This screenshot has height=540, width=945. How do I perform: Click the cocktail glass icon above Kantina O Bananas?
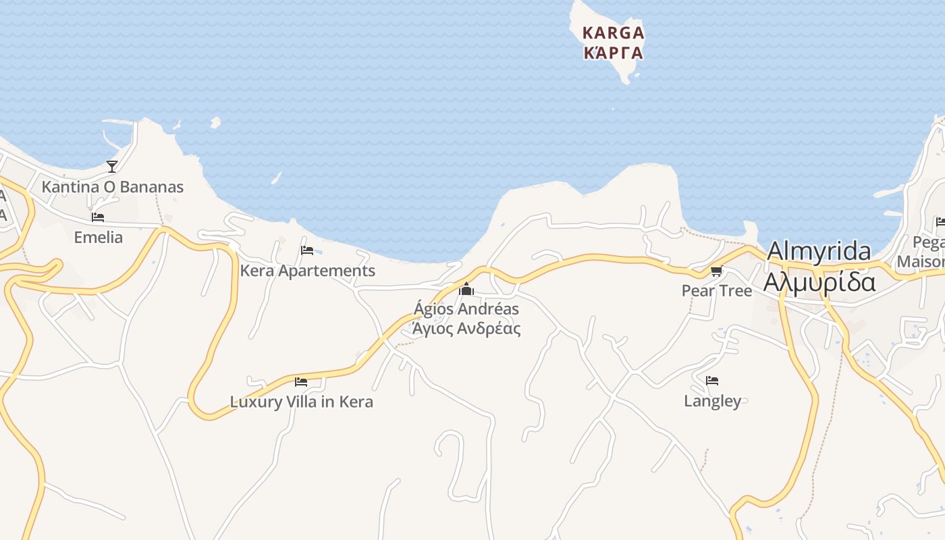(112, 166)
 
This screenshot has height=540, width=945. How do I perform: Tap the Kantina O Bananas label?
(113, 187)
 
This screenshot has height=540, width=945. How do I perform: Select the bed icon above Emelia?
(98, 217)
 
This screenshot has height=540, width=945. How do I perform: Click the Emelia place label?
(99, 238)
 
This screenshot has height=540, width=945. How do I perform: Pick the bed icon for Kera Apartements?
(307, 250)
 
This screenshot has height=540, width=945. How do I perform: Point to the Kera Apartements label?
(308, 271)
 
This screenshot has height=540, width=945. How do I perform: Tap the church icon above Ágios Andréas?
(466, 290)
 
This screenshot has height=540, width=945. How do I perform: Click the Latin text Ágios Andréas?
(466, 309)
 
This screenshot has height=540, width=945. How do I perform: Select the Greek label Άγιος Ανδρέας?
(466, 329)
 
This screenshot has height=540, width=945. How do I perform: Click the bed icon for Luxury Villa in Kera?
(301, 381)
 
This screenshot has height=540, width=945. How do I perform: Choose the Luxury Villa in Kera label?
(302, 402)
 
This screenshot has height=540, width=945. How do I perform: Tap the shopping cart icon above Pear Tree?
(716, 271)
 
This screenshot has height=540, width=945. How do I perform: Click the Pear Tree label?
(717, 291)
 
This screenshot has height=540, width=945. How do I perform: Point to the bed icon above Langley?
(712, 381)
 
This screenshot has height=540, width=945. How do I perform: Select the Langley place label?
(713, 401)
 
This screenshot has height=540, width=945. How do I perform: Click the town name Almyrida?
(819, 251)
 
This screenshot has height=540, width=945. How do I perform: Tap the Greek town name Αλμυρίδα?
(819, 281)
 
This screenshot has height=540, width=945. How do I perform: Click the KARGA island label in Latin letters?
(614, 32)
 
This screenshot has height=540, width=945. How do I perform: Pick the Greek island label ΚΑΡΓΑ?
(614, 53)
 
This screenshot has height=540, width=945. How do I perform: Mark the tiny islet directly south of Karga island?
(613, 109)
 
